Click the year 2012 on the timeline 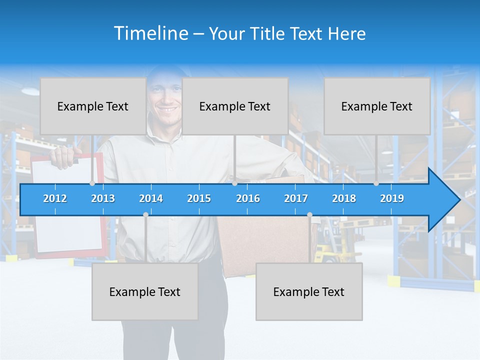pyautogui.click(x=55, y=198)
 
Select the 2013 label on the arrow pyautogui.click(x=103, y=198)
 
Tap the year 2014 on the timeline pyautogui.click(x=151, y=198)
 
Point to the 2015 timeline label pyautogui.click(x=199, y=198)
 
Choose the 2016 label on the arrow pyautogui.click(x=248, y=198)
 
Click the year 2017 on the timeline pyautogui.click(x=296, y=198)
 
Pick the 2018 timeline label pyautogui.click(x=344, y=198)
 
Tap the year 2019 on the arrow pyautogui.click(x=392, y=198)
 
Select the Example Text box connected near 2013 pyautogui.click(x=93, y=106)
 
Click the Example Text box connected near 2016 pyautogui.click(x=235, y=106)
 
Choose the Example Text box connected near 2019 pyautogui.click(x=377, y=106)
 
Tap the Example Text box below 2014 pyautogui.click(x=145, y=291)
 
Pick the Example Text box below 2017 pyautogui.click(x=309, y=291)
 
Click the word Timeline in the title pyautogui.click(x=150, y=33)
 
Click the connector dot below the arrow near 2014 pyautogui.click(x=145, y=214)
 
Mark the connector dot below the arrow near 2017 pyautogui.click(x=309, y=214)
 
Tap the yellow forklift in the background pyautogui.click(x=327, y=250)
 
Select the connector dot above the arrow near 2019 pyautogui.click(x=376, y=183)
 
